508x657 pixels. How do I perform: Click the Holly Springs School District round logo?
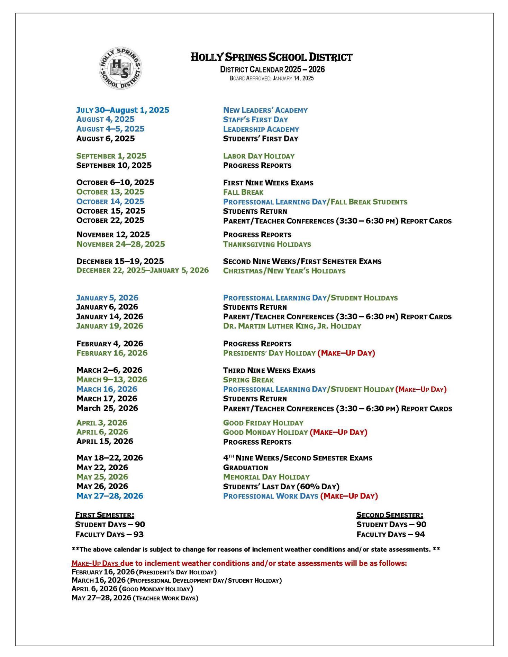pyautogui.click(x=120, y=68)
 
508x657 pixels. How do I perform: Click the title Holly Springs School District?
pyautogui.click(x=272, y=57)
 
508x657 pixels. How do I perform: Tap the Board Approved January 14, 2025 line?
pyautogui.click(x=272, y=78)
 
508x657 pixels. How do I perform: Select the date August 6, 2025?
pyautogui.click(x=106, y=139)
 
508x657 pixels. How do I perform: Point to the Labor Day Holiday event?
pyautogui.click(x=259, y=156)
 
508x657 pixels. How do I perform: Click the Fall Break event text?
pyautogui.click(x=243, y=192)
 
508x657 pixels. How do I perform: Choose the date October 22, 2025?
pyautogui.click(x=110, y=221)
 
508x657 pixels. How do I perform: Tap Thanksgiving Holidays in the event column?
pyautogui.click(x=267, y=244)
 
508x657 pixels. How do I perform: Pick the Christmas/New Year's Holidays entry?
pyautogui.click(x=284, y=271)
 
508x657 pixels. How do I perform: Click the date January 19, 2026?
pyautogui.click(x=110, y=326)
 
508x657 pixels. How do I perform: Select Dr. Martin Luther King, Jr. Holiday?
pyautogui.click(x=292, y=326)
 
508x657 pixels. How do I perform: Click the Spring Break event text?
pyautogui.click(x=248, y=380)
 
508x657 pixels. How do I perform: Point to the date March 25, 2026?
pyautogui.click(x=107, y=408)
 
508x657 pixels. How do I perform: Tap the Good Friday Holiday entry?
pyautogui.click(x=263, y=423)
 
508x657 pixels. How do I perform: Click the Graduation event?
pyautogui.click(x=246, y=468)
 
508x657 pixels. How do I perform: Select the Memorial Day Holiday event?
pyautogui.click(x=266, y=477)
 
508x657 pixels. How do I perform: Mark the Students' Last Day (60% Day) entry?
pyautogui.click(x=281, y=487)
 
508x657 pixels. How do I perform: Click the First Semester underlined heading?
pyautogui.click(x=105, y=515)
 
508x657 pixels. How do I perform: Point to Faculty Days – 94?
pyautogui.click(x=391, y=535)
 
